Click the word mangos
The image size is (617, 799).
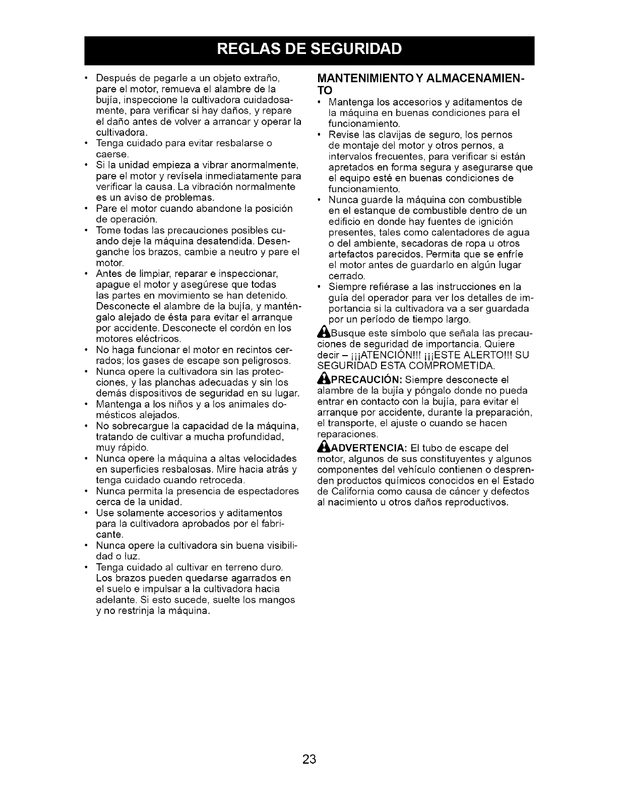pyautogui.click(x=278, y=600)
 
